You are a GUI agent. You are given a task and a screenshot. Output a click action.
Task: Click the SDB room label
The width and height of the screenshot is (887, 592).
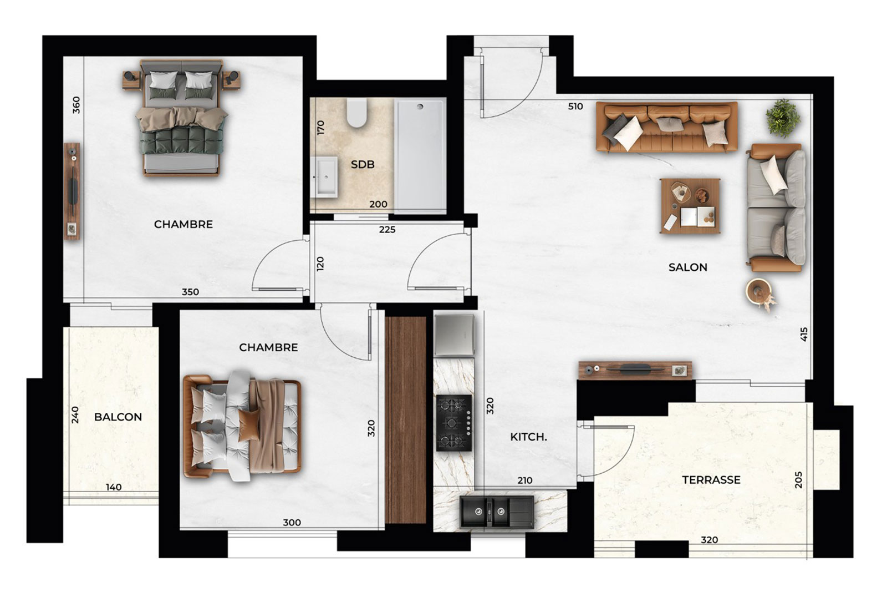point(363,164)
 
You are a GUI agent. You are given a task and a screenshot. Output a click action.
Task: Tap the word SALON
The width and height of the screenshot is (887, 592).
point(688,267)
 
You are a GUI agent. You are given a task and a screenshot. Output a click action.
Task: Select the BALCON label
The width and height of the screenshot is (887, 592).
point(118,417)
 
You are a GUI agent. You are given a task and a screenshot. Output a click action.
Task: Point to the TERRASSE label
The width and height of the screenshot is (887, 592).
point(711,480)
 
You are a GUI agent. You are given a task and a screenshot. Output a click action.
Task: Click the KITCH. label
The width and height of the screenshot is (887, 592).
point(529,437)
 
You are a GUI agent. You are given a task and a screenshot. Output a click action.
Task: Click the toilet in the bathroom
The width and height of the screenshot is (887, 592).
point(357,113)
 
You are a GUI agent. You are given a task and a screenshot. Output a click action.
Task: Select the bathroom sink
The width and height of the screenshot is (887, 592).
point(324,177)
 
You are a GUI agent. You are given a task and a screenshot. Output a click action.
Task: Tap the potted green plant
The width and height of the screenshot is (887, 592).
point(783,118)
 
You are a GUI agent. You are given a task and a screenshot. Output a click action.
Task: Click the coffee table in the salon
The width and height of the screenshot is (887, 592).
point(690,206)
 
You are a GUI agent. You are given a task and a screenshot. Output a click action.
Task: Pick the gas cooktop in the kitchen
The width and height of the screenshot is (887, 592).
point(454,423)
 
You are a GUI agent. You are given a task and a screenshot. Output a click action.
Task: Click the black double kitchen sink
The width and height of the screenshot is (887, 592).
point(497,512)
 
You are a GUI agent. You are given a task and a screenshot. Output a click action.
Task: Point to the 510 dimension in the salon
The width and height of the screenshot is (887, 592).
point(575,107)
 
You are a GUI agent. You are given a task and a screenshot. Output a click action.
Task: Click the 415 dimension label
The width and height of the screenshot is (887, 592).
point(803,334)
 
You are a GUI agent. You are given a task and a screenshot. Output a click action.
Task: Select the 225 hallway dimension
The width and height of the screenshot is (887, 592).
point(387,230)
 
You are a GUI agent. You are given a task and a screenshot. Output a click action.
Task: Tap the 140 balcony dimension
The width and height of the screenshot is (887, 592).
point(114,487)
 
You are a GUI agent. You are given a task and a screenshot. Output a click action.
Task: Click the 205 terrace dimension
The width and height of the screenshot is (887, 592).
point(798,479)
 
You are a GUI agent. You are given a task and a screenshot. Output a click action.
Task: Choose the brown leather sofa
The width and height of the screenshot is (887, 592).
point(667,127)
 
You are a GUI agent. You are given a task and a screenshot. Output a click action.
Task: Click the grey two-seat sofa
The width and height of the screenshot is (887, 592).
point(776,208)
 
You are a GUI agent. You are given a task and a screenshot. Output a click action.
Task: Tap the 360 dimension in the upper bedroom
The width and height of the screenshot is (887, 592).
point(77,105)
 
